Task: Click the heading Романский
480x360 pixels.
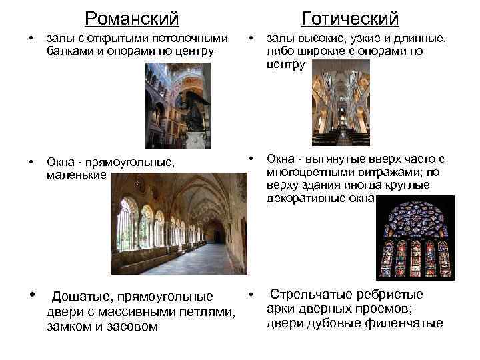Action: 132,18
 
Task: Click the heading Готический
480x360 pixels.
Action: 349,18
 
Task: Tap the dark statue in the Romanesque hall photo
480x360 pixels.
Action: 189,112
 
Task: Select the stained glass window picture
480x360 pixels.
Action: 413,237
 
